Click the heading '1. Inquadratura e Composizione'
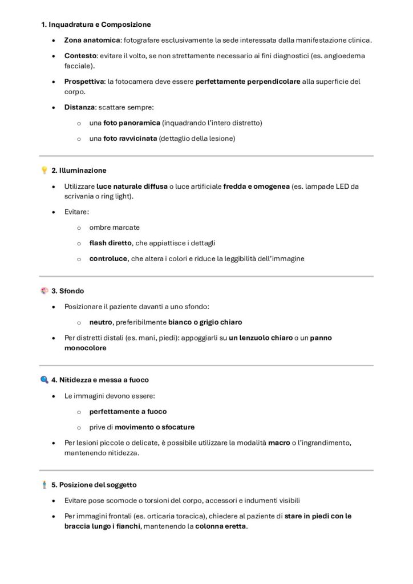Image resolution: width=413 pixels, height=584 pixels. [x=96, y=25]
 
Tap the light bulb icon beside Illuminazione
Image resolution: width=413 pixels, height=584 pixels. [x=44, y=171]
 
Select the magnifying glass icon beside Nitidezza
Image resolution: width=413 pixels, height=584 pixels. [x=44, y=379]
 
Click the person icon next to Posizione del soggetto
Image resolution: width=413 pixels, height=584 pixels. [x=44, y=485]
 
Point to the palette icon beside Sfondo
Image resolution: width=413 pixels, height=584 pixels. [x=44, y=290]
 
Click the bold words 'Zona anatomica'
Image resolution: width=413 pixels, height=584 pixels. [x=92, y=40]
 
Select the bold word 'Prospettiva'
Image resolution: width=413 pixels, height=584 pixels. [x=84, y=82]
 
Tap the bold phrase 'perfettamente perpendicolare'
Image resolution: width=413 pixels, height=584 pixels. [x=248, y=82]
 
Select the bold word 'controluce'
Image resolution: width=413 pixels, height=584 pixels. [x=108, y=258]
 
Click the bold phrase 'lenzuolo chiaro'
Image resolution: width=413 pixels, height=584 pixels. [x=260, y=338]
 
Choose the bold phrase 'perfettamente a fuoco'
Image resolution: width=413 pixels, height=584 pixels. [x=128, y=411]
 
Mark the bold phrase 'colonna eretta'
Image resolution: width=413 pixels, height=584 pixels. [x=220, y=526]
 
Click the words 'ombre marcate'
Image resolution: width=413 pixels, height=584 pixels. [x=114, y=227]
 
